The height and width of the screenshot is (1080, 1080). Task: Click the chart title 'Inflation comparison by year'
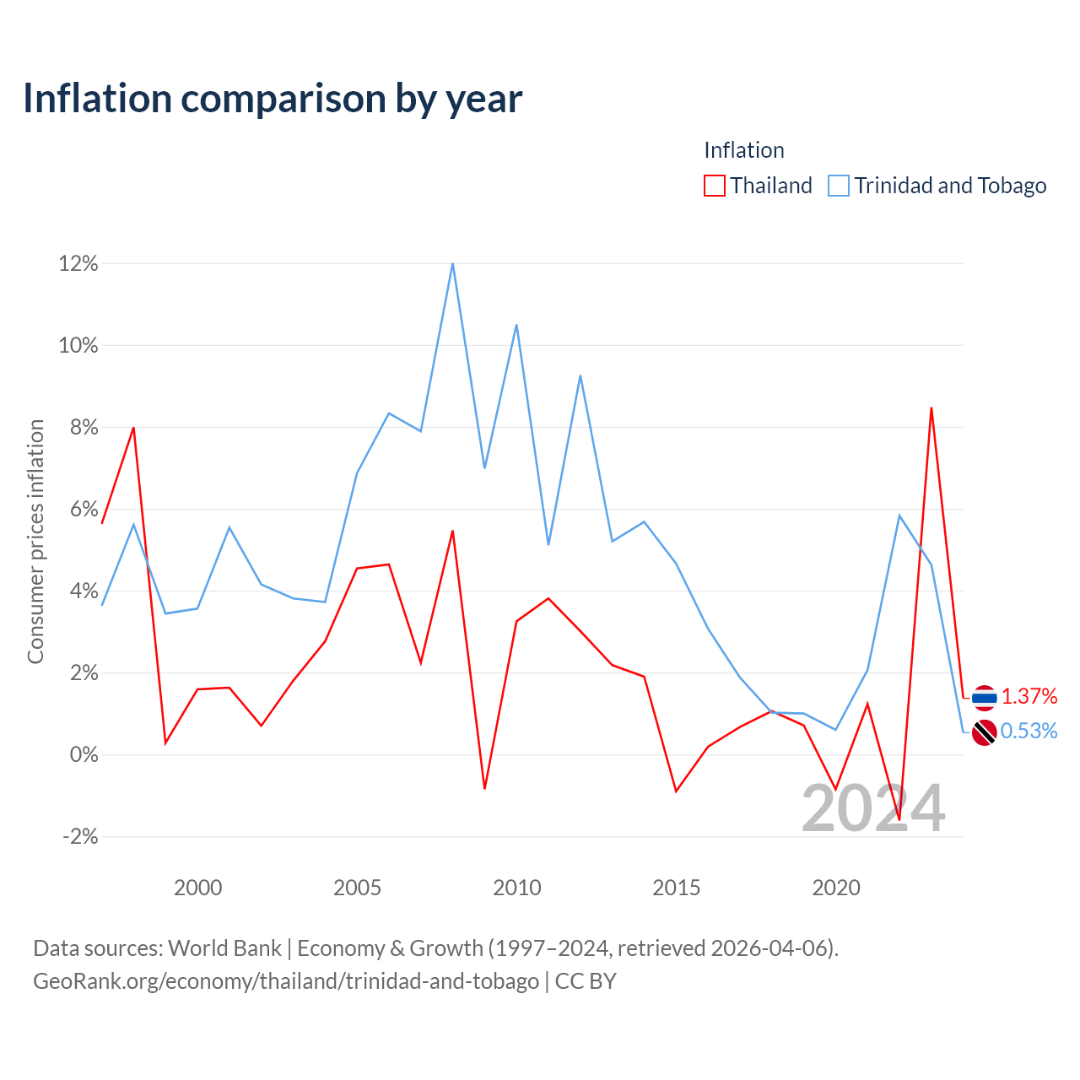pyautogui.click(x=273, y=99)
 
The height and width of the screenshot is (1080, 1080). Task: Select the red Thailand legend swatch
pyautogui.click(x=714, y=186)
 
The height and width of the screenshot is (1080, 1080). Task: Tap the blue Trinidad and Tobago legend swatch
pyautogui.click(x=839, y=186)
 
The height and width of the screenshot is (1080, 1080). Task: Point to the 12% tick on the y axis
pyautogui.click(x=78, y=263)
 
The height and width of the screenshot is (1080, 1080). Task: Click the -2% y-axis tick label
pyautogui.click(x=80, y=836)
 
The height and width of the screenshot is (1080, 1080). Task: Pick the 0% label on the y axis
pyautogui.click(x=84, y=754)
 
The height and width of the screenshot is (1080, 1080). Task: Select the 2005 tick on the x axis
pyautogui.click(x=357, y=888)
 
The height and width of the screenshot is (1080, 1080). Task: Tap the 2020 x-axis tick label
pyautogui.click(x=835, y=888)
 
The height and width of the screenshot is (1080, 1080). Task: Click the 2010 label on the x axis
pyautogui.click(x=516, y=888)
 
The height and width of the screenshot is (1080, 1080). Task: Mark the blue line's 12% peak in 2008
pyautogui.click(x=452, y=263)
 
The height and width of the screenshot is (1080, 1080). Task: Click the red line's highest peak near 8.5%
pyautogui.click(x=931, y=408)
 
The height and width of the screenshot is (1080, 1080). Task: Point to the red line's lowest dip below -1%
pyautogui.click(x=899, y=819)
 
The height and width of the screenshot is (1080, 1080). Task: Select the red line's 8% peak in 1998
pyautogui.click(x=133, y=428)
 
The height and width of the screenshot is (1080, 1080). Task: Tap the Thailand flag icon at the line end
pyautogui.click(x=984, y=698)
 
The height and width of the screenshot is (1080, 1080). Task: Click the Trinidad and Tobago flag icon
pyautogui.click(x=984, y=732)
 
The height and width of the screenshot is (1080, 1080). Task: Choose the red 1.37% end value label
pyautogui.click(x=1029, y=696)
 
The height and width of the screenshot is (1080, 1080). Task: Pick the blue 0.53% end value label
pyautogui.click(x=1029, y=731)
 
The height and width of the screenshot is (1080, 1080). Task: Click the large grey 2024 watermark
pyautogui.click(x=873, y=808)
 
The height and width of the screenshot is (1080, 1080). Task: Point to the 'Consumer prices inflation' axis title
pyautogui.click(x=35, y=542)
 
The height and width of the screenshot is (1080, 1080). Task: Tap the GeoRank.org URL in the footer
pyautogui.click(x=286, y=980)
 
